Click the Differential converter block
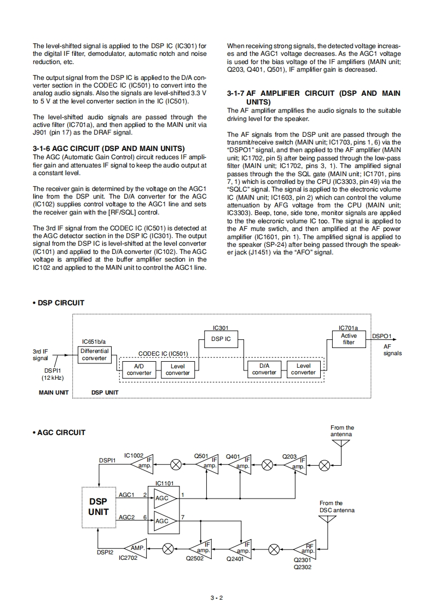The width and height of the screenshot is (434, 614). point(94,355)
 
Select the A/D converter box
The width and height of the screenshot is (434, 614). point(139,369)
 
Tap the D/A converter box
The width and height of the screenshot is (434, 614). point(264,369)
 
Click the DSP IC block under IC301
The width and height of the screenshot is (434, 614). point(221,339)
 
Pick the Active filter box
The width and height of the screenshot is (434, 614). point(349,339)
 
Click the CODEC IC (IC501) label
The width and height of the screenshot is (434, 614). point(163,354)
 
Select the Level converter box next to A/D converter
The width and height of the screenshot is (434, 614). point(177,369)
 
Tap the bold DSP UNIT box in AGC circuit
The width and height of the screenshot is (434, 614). point(99,507)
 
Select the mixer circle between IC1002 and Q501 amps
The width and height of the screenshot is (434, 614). point(176,464)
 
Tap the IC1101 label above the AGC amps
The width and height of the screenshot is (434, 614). point(164,483)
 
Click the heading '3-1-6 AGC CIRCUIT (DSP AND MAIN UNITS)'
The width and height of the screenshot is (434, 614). point(108,149)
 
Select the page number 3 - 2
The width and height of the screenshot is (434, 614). point(217,598)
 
